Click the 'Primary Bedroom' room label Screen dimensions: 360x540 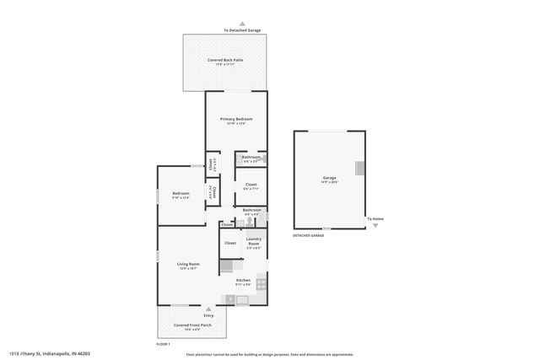point(236,120)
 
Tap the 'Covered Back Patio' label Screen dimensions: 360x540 point(224,60)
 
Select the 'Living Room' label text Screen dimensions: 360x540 point(187,264)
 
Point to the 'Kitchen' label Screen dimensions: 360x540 point(243,280)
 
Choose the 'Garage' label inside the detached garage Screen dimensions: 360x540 point(329,178)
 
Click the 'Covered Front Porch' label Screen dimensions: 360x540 point(192,325)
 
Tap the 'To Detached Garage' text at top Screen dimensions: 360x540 point(242,30)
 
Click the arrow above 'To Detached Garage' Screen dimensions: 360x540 point(242,24)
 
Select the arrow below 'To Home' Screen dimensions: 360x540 point(376,225)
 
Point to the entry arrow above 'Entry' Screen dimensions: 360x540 point(208,309)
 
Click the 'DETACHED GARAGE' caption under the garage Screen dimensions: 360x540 point(308,235)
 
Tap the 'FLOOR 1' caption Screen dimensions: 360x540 point(164,344)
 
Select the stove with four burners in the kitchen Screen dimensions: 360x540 point(261,282)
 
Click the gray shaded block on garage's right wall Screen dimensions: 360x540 point(360,168)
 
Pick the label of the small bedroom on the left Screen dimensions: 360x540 point(181,194)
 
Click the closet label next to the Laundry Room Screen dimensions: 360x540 point(229,242)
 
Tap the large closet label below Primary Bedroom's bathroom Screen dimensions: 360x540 point(251,185)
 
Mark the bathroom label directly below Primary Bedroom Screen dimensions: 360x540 point(251,157)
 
